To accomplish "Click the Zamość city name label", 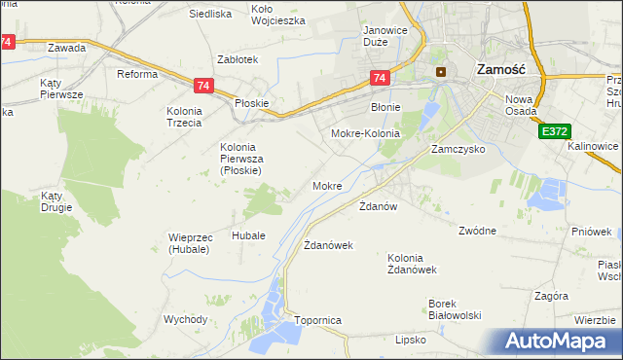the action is [x=500, y=70].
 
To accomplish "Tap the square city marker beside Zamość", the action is [x=441, y=71].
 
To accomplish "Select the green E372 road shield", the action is [x=553, y=129].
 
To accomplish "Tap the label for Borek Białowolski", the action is [x=456, y=309].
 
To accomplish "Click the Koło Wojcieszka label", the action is [x=277, y=15].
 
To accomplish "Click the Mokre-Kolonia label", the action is [x=366, y=132].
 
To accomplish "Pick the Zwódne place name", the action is [x=478, y=231].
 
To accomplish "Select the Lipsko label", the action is [x=411, y=340].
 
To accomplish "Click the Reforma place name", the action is [x=137, y=75].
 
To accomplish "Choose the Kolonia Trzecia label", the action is [x=183, y=117].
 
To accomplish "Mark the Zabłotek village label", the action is [x=238, y=59].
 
